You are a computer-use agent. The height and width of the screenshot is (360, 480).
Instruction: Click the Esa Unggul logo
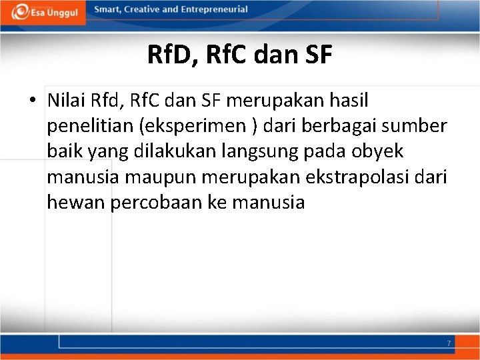click(x=43, y=12)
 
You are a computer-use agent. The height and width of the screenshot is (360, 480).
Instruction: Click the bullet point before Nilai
click(x=33, y=101)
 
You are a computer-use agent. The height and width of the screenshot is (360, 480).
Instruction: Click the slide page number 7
click(x=449, y=343)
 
